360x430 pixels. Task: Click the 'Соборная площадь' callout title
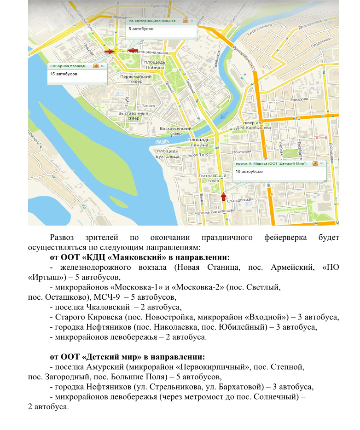[x=68, y=66]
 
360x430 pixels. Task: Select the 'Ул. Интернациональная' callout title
[x=152, y=21]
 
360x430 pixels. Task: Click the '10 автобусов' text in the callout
[x=249, y=171]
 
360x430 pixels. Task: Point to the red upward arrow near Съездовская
[x=223, y=197]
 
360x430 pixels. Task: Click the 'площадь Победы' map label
[x=155, y=64]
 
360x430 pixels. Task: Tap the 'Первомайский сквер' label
[x=136, y=79]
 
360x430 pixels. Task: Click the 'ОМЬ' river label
[x=162, y=141]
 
